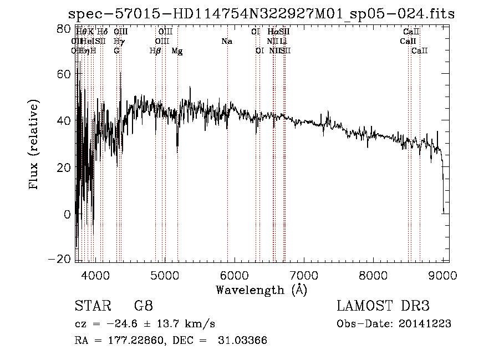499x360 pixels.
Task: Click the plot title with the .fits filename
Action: (261, 14)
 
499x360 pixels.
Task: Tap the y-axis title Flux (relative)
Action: (34, 145)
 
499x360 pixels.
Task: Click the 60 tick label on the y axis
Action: (64, 74)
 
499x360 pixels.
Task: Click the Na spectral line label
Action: (226, 42)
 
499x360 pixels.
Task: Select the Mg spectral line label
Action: (177, 51)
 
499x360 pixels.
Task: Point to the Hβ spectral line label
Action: (155, 51)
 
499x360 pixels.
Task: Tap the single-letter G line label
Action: (116, 51)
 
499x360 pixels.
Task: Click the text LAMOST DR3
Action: (383, 306)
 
